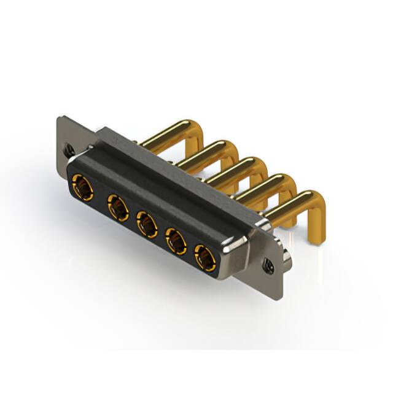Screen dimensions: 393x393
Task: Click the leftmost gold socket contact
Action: tap(81, 186)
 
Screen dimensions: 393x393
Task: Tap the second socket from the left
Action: tap(116, 208)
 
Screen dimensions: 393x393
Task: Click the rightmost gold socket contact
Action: tap(205, 259)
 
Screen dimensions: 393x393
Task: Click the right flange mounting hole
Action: tap(268, 265)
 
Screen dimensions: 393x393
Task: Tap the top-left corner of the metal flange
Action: tap(60, 118)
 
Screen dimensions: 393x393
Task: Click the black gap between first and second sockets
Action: tap(99, 198)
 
